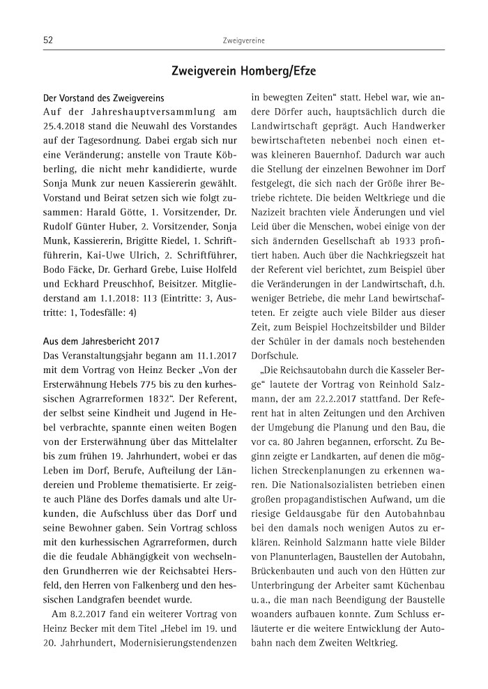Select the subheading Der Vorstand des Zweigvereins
coord(101,98)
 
